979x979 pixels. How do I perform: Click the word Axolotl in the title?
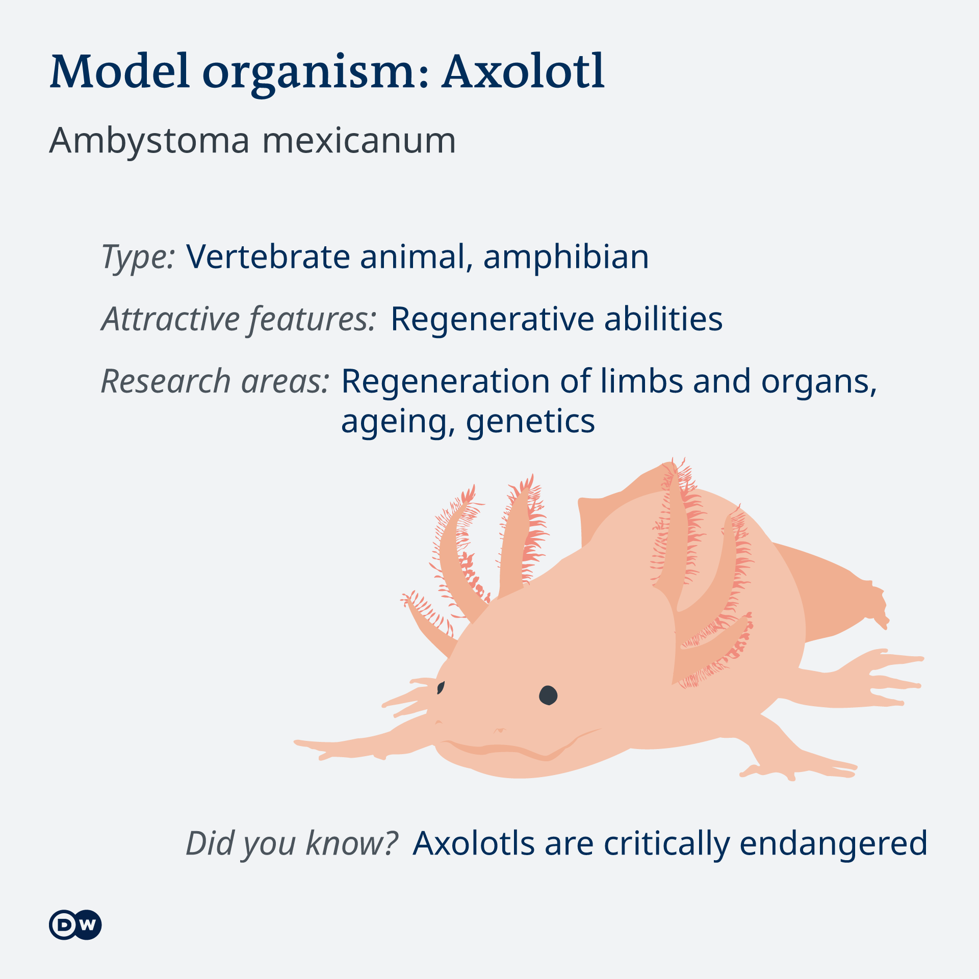tap(524, 71)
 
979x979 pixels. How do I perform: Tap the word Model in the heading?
tap(120, 71)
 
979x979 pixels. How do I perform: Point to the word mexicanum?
tap(359, 141)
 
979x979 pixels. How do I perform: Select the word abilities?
tap(663, 319)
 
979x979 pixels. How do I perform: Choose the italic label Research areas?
tap(216, 381)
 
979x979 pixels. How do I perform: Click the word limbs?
tap(641, 381)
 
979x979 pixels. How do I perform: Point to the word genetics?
tap(530, 422)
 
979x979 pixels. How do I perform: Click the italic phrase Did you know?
tap(292, 844)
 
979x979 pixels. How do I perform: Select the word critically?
tap(667, 844)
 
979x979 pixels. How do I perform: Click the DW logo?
tap(75, 925)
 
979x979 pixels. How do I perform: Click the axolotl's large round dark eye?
tap(548, 695)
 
